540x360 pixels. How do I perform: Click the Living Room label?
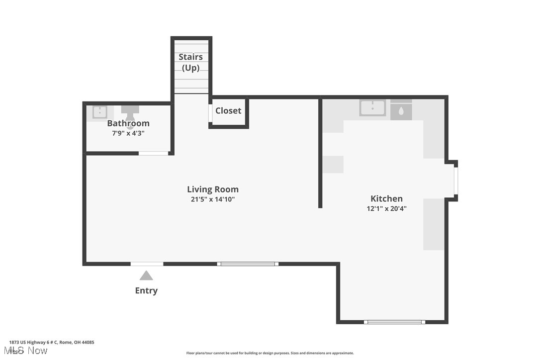pyautogui.click(x=213, y=189)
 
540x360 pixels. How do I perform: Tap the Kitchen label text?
pyautogui.click(x=386, y=198)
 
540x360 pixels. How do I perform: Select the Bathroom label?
pyautogui.click(x=128, y=123)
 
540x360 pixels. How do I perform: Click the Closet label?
pyautogui.click(x=228, y=111)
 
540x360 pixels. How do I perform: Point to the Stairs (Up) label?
pyautogui.click(x=191, y=62)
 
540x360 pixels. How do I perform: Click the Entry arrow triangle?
pyautogui.click(x=146, y=275)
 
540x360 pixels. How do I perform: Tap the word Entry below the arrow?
pyautogui.click(x=146, y=291)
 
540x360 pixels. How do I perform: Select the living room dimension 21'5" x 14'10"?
pyautogui.click(x=213, y=199)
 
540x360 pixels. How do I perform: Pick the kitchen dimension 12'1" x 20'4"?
pyautogui.click(x=386, y=209)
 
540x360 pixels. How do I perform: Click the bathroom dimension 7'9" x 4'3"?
pyautogui.click(x=128, y=133)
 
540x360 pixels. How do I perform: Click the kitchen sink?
pyautogui.click(x=372, y=107)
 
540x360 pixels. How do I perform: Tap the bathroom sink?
pyautogui.click(x=100, y=112)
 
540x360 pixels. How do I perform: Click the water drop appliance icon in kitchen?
pyautogui.click(x=401, y=111)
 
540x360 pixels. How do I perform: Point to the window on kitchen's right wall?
pyautogui.click(x=455, y=180)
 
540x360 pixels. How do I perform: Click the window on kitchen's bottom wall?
pyautogui.click(x=394, y=322)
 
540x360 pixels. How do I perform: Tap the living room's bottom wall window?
pyautogui.click(x=248, y=264)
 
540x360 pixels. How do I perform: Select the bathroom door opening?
pyautogui.click(x=153, y=153)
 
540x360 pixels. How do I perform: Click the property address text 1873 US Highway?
pyautogui.click(x=52, y=342)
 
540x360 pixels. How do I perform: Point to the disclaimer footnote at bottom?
pyautogui.click(x=270, y=353)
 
